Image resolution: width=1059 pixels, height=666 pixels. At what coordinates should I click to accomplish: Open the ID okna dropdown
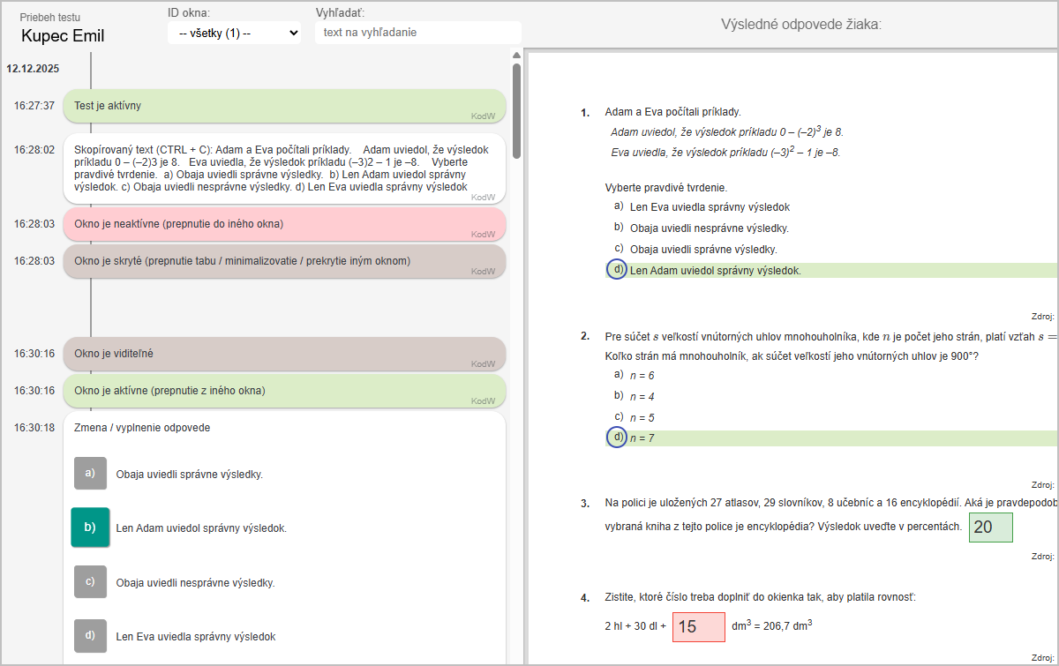point(234,34)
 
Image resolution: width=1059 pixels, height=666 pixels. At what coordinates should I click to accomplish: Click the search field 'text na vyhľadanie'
point(418,33)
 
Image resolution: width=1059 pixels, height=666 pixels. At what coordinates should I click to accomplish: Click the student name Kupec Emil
point(63,36)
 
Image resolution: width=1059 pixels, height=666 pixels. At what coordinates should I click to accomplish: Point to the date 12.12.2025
point(33,69)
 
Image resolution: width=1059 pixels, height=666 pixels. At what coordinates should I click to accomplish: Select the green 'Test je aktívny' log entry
point(284,106)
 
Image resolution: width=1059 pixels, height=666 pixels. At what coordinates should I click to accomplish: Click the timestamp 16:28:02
point(34,150)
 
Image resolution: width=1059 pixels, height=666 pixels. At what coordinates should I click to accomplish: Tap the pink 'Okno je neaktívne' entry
point(284,224)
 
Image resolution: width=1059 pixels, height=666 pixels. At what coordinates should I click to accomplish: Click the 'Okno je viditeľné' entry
point(284,354)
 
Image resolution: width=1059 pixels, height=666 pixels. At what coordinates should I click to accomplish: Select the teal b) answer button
point(90,527)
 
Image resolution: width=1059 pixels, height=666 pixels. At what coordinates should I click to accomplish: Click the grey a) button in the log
point(90,473)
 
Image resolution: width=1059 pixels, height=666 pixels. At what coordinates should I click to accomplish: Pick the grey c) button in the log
point(90,582)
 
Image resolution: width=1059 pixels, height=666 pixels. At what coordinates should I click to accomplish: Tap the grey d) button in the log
point(90,636)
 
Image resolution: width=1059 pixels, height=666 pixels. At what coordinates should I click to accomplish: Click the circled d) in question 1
point(617,269)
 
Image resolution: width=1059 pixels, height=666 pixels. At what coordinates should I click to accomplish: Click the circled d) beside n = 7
point(617,438)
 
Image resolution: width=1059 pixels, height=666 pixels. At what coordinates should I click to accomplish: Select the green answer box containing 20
point(990,527)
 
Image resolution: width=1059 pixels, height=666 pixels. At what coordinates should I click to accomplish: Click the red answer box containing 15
point(699,627)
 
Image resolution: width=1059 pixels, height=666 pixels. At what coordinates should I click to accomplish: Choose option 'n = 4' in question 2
point(642,397)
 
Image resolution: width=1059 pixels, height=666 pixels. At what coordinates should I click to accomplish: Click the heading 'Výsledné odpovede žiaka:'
point(801,25)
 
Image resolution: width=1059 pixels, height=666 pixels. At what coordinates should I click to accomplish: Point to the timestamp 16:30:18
point(34,428)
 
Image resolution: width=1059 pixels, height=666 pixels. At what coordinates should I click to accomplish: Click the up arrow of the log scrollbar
point(517,56)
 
